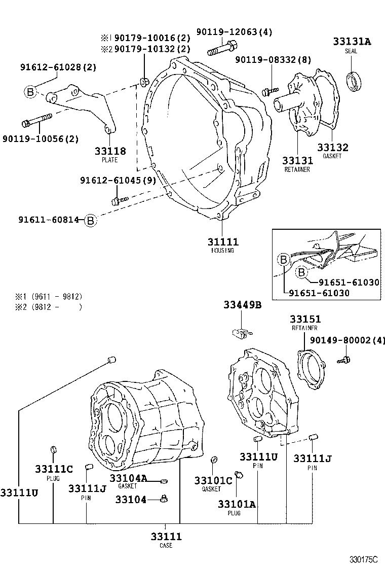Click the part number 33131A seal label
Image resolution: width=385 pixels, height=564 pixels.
coord(352,42)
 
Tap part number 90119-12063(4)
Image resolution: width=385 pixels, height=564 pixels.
coord(239,32)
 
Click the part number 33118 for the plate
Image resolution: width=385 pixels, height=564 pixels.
coord(109,151)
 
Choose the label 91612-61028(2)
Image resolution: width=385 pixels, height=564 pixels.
coord(58,67)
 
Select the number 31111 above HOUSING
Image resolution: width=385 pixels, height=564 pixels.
coord(222,242)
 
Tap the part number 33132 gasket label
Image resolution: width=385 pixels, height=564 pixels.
coord(333,148)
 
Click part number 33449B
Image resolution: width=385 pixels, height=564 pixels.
coord(243,305)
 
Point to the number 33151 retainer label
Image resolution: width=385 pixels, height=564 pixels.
coord(305,319)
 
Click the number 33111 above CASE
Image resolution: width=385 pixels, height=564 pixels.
coord(166,536)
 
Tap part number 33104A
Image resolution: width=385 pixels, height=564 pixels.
coord(128,478)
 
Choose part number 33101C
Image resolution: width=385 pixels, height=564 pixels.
coord(213,480)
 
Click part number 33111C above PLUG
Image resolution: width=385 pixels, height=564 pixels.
coord(54,469)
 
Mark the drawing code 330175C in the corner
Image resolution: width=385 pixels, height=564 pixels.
coord(364,559)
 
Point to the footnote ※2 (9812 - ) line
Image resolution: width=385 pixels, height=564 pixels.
coord(49,307)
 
